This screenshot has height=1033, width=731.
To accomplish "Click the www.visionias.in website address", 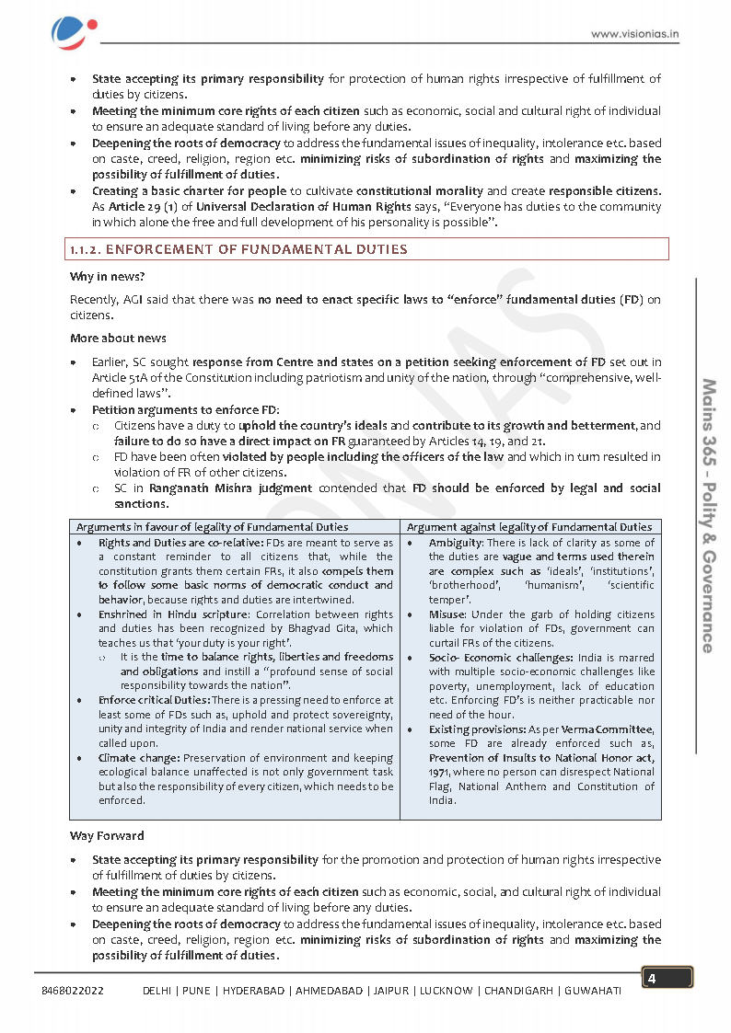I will [634, 35].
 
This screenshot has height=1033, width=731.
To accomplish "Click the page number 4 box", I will [667, 978].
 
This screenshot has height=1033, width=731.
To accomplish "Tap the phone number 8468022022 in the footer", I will [73, 991].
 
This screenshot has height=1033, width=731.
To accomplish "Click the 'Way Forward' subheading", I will [107, 836].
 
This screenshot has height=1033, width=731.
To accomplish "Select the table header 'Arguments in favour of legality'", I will [212, 527].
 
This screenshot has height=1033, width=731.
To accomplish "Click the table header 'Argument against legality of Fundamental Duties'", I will [528, 527].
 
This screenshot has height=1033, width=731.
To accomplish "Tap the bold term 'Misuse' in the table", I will [447, 614].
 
